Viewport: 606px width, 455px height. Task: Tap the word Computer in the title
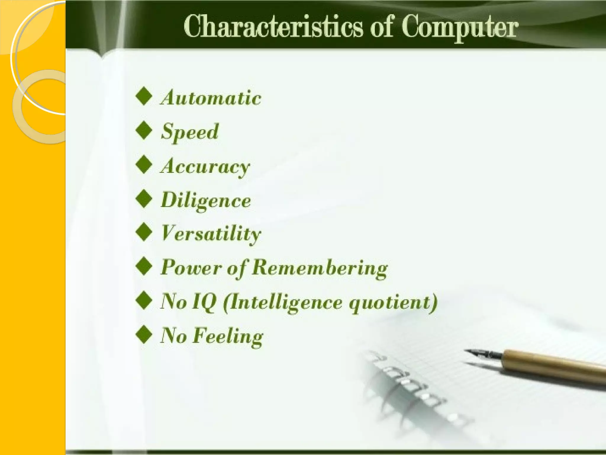pyautogui.click(x=460, y=27)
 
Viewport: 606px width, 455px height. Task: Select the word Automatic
pyautogui.click(x=211, y=98)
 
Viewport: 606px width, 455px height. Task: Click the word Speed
pyautogui.click(x=190, y=132)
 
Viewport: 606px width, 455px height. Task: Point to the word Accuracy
pyautogui.click(x=205, y=166)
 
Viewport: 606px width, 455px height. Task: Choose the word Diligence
pyautogui.click(x=206, y=200)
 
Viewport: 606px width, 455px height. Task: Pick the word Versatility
pyautogui.click(x=211, y=234)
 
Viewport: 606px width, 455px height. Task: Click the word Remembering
pyautogui.click(x=320, y=268)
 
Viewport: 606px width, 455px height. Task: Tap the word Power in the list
pyautogui.click(x=191, y=268)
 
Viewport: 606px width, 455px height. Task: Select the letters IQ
pyautogui.click(x=204, y=302)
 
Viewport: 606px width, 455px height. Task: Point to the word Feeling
pyautogui.click(x=228, y=336)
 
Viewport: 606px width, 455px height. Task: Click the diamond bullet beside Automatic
pyautogui.click(x=144, y=96)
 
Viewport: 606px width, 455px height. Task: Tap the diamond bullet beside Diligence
pyautogui.click(x=144, y=199)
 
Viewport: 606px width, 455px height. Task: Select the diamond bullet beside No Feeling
pyautogui.click(x=144, y=335)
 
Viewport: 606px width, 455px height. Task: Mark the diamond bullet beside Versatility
pyautogui.click(x=144, y=232)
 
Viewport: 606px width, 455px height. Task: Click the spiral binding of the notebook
pyautogui.click(x=405, y=382)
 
